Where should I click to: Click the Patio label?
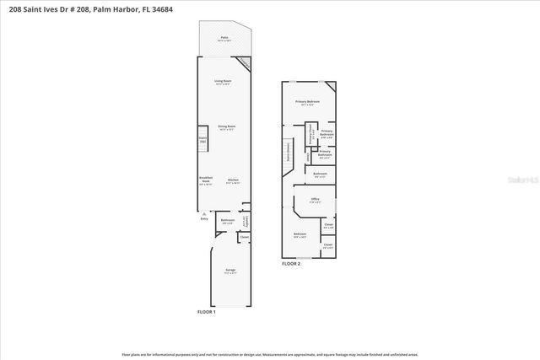click(x=224, y=38)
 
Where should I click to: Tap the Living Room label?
click(x=222, y=82)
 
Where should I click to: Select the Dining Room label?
click(x=226, y=126)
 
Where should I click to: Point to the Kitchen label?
click(x=233, y=180)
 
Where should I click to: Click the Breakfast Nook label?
click(x=206, y=180)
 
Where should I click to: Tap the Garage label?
click(x=229, y=270)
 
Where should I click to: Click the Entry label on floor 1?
click(x=203, y=218)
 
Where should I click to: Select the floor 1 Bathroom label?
click(x=227, y=221)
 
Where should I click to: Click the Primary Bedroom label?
click(x=307, y=102)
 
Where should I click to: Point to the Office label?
click(x=314, y=200)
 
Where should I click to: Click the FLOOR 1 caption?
click(x=207, y=312)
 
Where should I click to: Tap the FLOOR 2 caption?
click(x=291, y=264)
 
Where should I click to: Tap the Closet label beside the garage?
click(x=243, y=237)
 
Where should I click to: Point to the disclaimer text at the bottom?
click(x=269, y=354)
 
